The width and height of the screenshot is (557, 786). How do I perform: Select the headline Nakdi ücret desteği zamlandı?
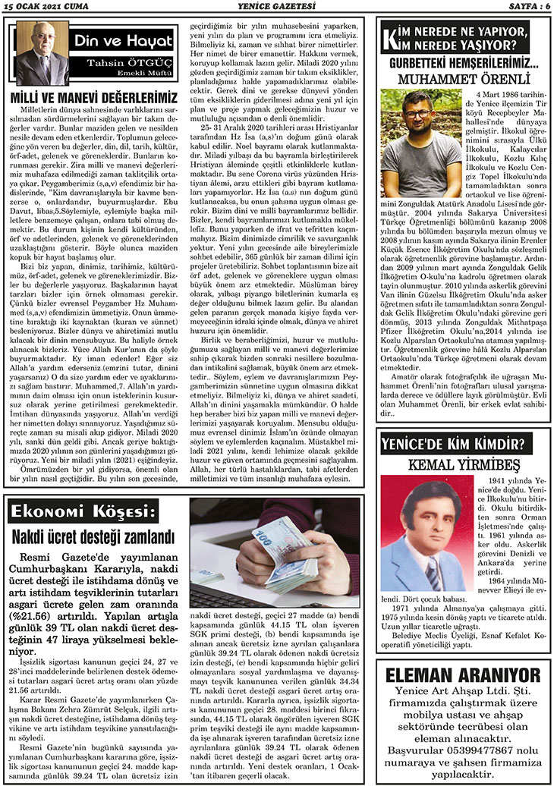(93, 538)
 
